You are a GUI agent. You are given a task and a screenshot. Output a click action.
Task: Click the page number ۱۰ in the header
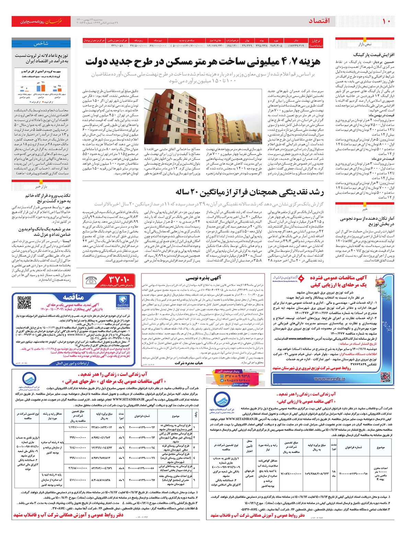[x=386, y=21]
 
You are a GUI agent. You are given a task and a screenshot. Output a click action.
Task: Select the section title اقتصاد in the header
[x=319, y=21]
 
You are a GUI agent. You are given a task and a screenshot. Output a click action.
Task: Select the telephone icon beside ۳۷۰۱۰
[x=92, y=280]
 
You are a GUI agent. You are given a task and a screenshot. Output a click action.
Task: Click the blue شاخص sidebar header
[x=41, y=44]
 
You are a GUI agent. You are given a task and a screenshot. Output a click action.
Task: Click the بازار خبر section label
[x=41, y=187]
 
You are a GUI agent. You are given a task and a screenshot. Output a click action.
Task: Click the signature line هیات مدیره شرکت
[x=188, y=363]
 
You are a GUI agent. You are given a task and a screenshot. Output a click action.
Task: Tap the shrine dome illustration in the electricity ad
[x=383, y=287]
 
